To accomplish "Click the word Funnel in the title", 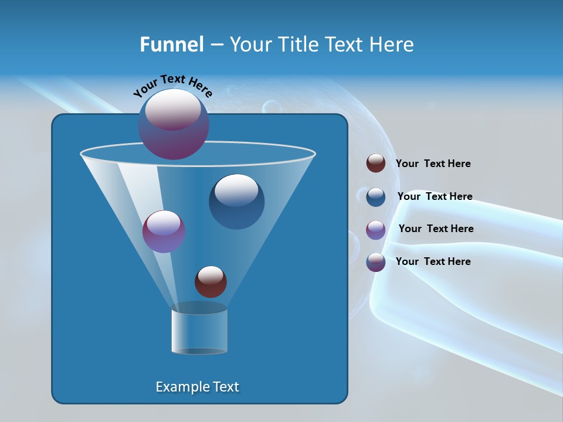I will click(x=171, y=45).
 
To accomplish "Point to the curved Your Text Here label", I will click(x=172, y=86).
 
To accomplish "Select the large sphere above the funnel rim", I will click(x=174, y=124).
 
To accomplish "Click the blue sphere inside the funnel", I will click(x=237, y=202).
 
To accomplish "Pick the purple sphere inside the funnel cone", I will click(x=164, y=232).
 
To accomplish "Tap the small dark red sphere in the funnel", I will click(x=211, y=282).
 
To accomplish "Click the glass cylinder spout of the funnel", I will click(x=199, y=331).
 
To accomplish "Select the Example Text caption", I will click(x=198, y=387).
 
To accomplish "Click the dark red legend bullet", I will click(x=376, y=164).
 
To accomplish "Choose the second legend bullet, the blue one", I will click(x=376, y=197).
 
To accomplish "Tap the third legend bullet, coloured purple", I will click(x=376, y=230).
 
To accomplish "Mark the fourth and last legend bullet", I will click(x=376, y=262).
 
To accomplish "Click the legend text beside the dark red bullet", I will click(x=433, y=164).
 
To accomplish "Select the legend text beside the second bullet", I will click(x=435, y=197).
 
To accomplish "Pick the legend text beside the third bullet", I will click(x=436, y=229).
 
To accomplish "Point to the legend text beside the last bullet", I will click(x=433, y=261).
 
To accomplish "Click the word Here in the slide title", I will click(x=393, y=45).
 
